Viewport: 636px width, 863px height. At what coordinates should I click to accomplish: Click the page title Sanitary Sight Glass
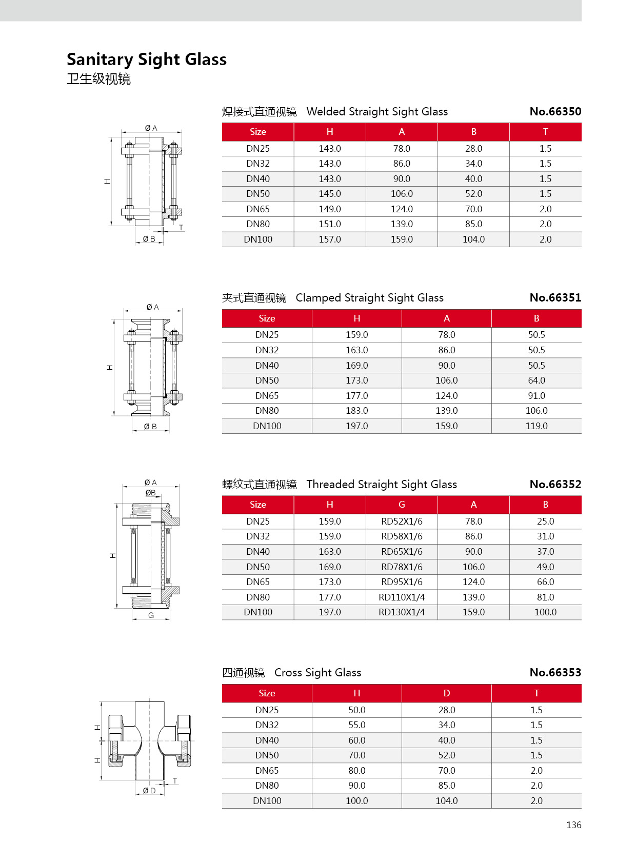[x=147, y=59]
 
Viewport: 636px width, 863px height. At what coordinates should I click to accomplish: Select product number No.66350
[x=555, y=112]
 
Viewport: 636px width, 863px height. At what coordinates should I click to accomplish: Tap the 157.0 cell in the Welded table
[x=330, y=239]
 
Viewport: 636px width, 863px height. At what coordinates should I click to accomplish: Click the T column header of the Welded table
[x=545, y=132]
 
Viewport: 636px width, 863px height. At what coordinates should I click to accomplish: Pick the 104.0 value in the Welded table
[x=473, y=239]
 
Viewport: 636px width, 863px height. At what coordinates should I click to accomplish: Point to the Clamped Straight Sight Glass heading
[x=369, y=298]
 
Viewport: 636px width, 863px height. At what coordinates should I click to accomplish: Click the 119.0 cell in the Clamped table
[x=536, y=426]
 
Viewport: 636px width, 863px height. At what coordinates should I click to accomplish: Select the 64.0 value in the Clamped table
[x=536, y=380]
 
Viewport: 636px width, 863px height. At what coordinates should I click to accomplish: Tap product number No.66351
[x=555, y=298]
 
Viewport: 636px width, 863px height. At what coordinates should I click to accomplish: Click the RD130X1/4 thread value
[x=402, y=612]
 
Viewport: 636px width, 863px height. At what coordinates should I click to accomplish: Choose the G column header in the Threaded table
[x=402, y=505]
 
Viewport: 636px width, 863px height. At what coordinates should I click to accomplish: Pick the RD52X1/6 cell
[x=402, y=521]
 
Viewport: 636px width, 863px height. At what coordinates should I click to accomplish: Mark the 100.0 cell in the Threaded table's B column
[x=545, y=612]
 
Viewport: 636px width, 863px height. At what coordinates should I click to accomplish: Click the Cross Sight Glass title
[x=317, y=673]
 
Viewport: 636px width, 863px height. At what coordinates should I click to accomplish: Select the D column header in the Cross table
[x=447, y=693]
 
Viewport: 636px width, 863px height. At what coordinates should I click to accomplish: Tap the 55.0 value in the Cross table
[x=357, y=725]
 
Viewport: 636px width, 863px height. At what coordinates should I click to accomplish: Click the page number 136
[x=573, y=825]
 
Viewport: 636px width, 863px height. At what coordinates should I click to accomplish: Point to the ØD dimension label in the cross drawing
[x=149, y=791]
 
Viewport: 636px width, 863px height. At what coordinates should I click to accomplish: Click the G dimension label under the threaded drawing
[x=151, y=615]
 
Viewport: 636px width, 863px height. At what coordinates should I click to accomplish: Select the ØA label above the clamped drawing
[x=152, y=307]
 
